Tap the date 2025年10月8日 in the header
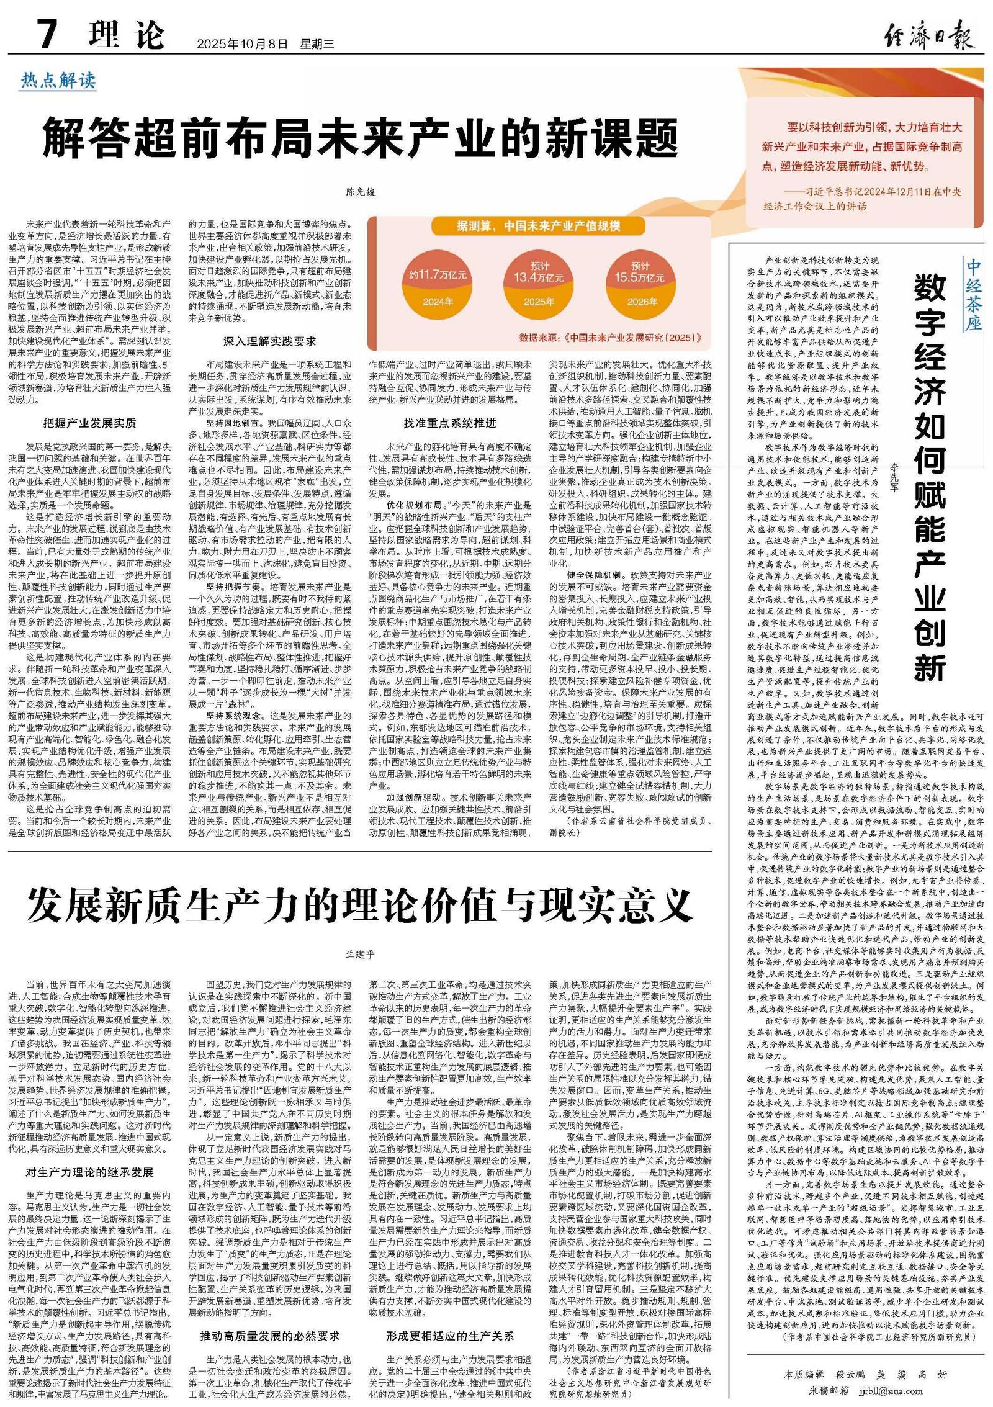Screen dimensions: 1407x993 coord(243,44)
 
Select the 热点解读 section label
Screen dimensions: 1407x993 coord(58,80)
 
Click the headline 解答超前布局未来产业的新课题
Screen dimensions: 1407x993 coord(360,138)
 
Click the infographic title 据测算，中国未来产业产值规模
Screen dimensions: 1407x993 coord(538,225)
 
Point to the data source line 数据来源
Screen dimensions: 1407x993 coord(611,338)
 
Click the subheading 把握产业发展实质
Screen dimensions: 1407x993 coord(89,423)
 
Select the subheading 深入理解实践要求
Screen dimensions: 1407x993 coord(270,341)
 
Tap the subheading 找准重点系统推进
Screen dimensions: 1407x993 coord(450,423)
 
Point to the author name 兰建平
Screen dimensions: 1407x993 coord(361,954)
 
